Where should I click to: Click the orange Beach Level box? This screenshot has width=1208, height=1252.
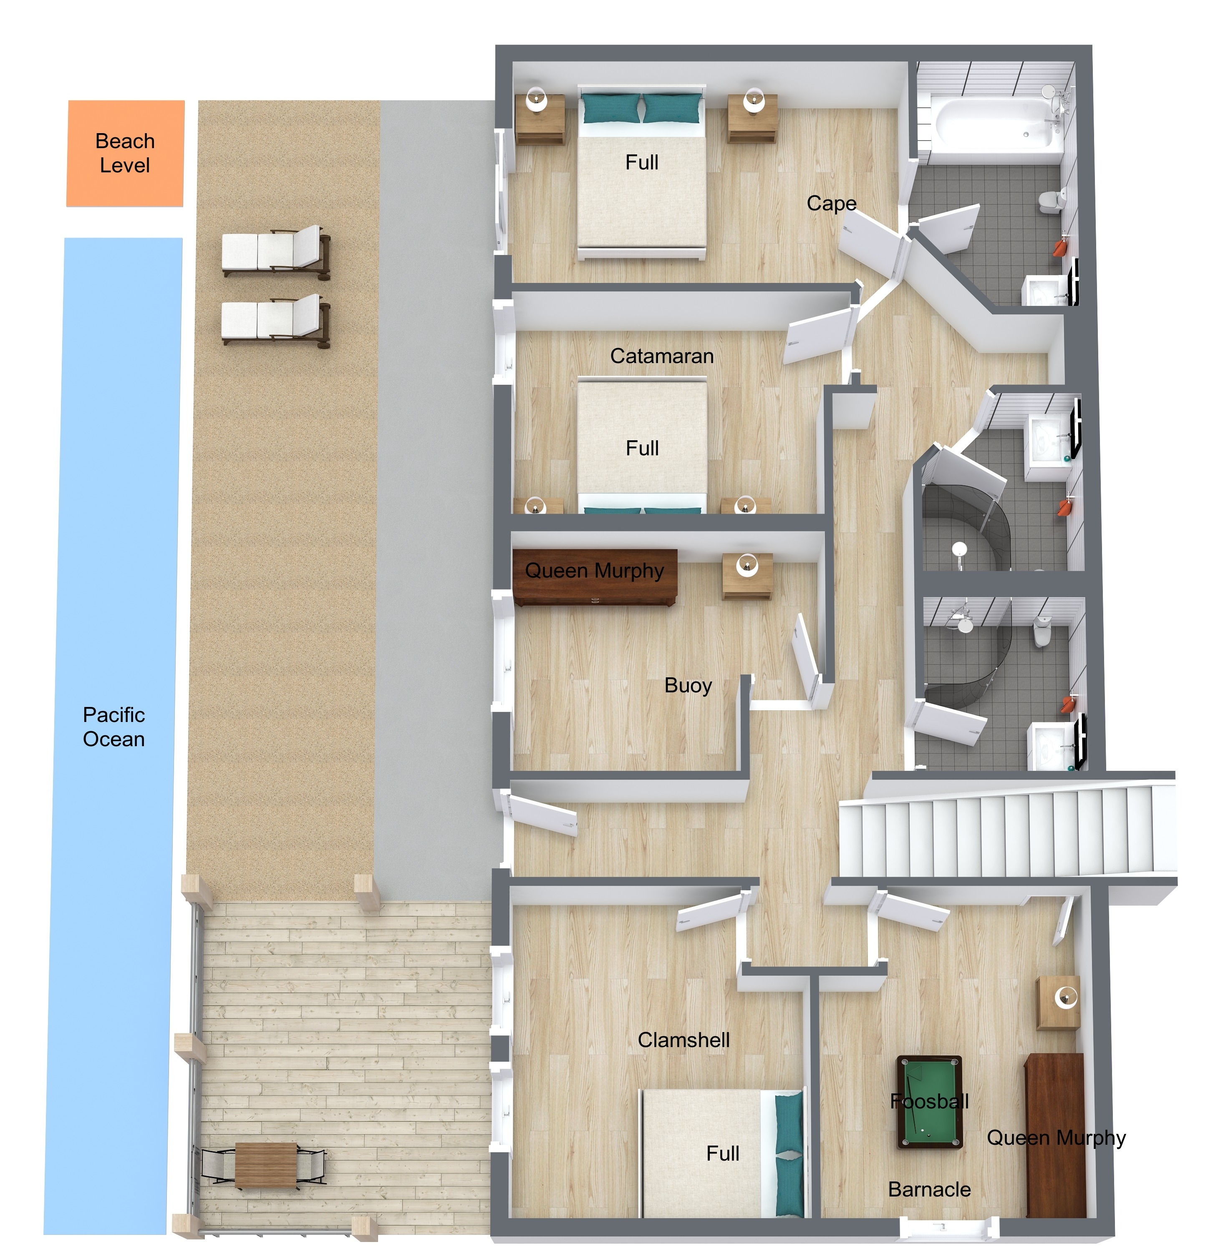125,153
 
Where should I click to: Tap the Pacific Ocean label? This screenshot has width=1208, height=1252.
114,727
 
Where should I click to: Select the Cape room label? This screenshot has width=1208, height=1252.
831,204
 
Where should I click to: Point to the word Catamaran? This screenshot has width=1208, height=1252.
662,356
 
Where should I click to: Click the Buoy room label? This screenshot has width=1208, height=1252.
688,685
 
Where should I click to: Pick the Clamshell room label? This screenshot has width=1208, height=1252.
683,1040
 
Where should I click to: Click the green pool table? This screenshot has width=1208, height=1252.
930,1102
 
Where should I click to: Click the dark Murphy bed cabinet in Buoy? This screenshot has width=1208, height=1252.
595,577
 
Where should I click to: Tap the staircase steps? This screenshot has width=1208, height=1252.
1007,830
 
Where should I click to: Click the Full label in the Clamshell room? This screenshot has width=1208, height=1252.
722,1153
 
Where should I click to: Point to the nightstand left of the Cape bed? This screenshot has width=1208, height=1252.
540,119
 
